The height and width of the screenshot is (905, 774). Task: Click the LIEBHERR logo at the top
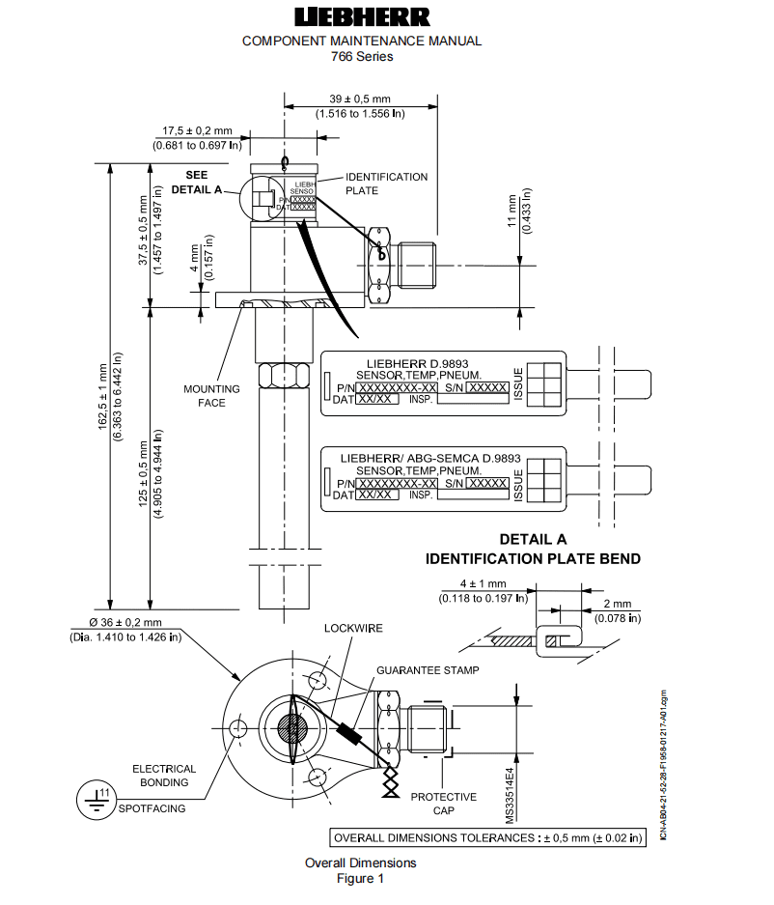pos(361,17)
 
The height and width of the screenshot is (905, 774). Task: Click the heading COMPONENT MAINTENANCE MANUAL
pos(361,41)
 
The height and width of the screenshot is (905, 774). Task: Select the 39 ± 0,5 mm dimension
pos(360,99)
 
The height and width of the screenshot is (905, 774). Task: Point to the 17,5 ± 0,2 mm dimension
pos(197,130)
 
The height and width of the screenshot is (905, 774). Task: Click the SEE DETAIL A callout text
pos(197,183)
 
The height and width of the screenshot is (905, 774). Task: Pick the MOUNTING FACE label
pos(204,396)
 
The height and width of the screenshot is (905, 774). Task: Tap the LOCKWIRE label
pos(353,629)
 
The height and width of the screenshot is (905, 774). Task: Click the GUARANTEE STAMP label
pos(428,669)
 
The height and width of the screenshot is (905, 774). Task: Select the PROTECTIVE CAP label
pos(443,804)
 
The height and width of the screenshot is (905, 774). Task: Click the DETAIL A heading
pos(533,540)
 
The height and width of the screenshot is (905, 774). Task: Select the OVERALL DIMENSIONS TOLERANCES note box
pos(487,837)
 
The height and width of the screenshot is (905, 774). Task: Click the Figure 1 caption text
pos(360,878)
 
